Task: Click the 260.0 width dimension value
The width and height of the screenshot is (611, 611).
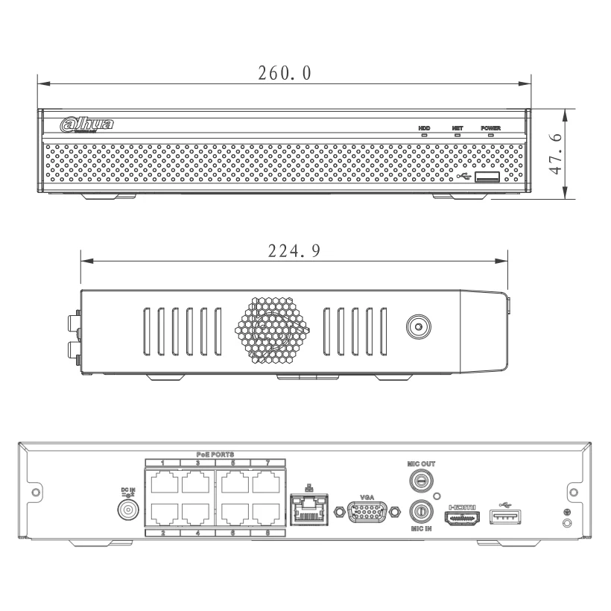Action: (284, 74)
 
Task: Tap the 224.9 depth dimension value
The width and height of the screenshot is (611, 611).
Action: (294, 251)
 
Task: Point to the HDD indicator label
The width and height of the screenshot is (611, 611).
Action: (423, 129)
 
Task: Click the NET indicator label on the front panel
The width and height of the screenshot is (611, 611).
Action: (458, 129)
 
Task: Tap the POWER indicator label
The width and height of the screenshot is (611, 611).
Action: (490, 129)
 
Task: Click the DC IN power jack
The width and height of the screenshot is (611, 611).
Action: (128, 510)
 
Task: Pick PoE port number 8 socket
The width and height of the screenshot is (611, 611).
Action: (264, 514)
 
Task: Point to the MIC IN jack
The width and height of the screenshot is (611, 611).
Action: (421, 512)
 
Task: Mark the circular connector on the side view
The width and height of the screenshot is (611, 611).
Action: (417, 326)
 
